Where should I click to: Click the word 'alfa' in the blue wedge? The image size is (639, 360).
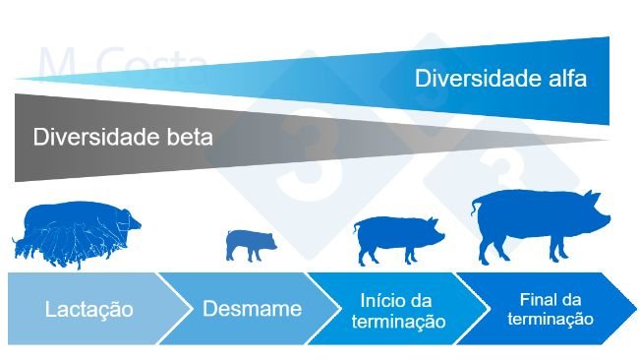(x=565, y=78)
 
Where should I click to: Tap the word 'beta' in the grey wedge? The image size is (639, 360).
(x=188, y=137)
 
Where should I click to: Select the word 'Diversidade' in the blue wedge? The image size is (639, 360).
(x=475, y=78)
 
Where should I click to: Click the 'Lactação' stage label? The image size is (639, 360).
(x=89, y=309)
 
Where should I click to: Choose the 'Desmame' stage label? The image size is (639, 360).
(x=252, y=309)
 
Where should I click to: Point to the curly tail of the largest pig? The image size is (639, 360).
(x=477, y=206)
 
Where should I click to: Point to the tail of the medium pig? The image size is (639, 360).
(x=356, y=229)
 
